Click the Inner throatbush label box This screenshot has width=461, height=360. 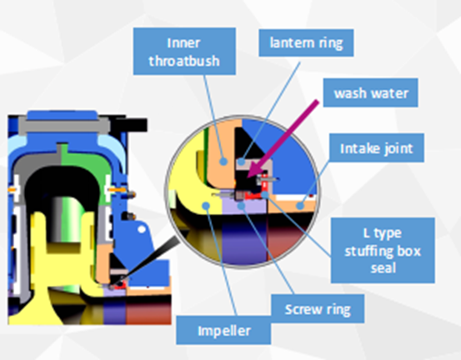pos(184,51)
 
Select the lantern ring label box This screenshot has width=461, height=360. pos(306,42)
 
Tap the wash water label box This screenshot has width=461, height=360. pos(371,92)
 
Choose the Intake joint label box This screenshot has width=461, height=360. pos(377,147)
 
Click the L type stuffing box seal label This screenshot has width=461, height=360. pos(383,250)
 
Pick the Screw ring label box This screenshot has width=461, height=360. pos(318,308)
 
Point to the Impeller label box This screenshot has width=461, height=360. pos(223,330)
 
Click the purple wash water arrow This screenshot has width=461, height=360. pos(283,138)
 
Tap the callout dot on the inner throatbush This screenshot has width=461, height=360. pos(223,162)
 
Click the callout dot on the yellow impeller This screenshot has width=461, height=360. pos(207,206)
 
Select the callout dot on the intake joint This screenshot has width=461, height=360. pos(300,206)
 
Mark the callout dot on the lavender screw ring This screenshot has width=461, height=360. pos(241,206)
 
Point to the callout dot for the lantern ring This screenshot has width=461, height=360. pos(241,162)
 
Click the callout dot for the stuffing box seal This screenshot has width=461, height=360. pos(265,194)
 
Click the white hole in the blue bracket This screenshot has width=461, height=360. pos(142,229)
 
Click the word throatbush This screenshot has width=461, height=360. pos(184,61)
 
